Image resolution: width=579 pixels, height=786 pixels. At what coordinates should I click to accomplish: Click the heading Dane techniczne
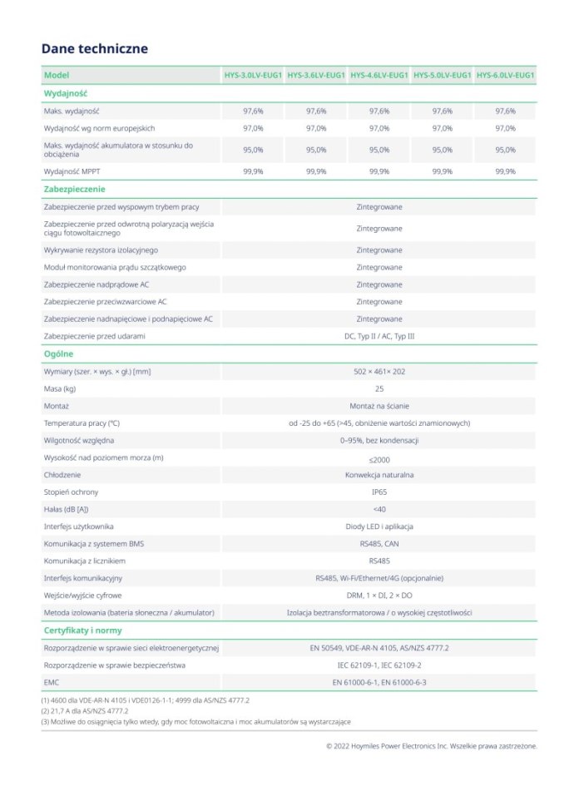point(95,48)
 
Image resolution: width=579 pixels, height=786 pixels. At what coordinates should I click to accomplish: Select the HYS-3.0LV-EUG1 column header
point(253,76)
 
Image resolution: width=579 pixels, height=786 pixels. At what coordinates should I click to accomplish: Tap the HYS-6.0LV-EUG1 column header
point(505,76)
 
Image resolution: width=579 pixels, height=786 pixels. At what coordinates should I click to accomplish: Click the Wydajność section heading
point(66,93)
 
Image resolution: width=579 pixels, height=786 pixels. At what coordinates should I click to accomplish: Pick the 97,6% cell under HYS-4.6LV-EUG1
point(379,111)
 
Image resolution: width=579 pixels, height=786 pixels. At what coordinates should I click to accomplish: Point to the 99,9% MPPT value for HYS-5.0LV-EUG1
point(443,171)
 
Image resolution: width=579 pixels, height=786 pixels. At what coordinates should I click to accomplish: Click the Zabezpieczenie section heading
point(74,189)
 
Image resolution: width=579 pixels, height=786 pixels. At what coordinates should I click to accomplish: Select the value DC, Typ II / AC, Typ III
point(379,336)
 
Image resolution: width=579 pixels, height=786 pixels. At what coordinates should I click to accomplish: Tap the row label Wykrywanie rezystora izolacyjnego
point(101,250)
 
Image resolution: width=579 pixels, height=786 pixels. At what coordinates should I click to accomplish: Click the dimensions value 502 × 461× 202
point(379,371)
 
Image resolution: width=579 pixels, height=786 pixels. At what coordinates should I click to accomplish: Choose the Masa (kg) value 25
point(379,388)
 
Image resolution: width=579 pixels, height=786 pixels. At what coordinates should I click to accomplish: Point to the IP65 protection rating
point(379,492)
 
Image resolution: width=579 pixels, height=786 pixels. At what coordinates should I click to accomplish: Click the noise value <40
point(379,509)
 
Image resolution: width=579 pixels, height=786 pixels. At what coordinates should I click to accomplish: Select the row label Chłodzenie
point(62,474)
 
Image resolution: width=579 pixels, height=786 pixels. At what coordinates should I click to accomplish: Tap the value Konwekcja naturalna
point(379,474)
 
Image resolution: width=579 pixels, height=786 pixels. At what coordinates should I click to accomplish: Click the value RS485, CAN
point(379,543)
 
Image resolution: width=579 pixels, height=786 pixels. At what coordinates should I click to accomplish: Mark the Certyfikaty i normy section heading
point(82,630)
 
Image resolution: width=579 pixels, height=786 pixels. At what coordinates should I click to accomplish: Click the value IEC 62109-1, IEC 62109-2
point(379,665)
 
